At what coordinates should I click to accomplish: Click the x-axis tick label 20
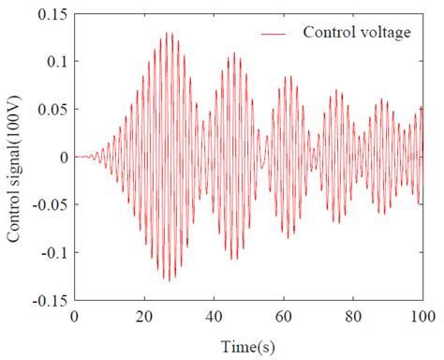pyautogui.click(x=144, y=315)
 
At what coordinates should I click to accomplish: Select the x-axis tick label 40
pyautogui.click(x=214, y=315)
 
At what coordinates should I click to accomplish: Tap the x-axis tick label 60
pyautogui.click(x=284, y=315)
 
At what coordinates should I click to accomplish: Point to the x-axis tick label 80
pyautogui.click(x=353, y=315)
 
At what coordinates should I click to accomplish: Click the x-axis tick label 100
pyautogui.click(x=422, y=315)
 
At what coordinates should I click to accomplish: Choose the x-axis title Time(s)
pyautogui.click(x=248, y=344)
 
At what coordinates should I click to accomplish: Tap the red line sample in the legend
pyautogui.click(x=273, y=33)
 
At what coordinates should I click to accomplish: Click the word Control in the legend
pyautogui.click(x=325, y=33)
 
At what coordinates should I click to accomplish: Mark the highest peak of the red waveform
pyautogui.click(x=170, y=33)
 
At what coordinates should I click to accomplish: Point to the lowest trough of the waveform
pyautogui.click(x=169, y=281)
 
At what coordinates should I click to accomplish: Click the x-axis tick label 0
pyautogui.click(x=74, y=315)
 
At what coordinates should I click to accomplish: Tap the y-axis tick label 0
pyautogui.click(x=63, y=157)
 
